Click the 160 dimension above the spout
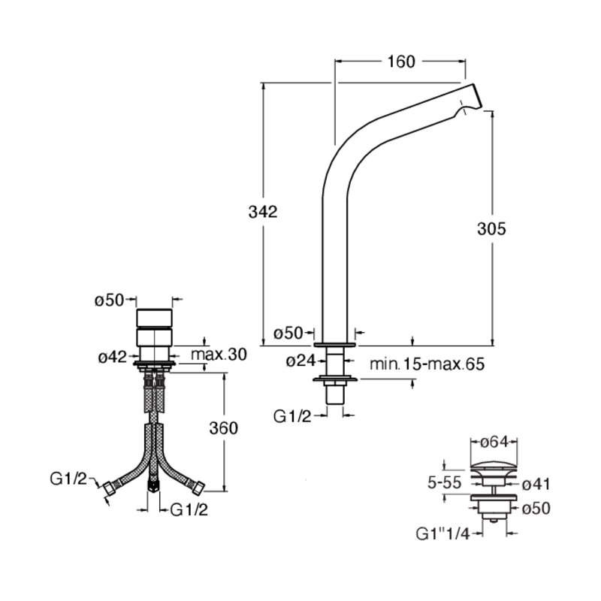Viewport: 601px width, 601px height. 401,62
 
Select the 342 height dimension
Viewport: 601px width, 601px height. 262,212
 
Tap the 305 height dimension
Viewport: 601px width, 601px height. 491,229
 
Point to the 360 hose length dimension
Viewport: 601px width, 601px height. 223,428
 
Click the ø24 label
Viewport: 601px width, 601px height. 300,361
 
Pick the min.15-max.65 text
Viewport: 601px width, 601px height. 427,364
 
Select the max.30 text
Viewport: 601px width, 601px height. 219,355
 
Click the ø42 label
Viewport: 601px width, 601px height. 112,358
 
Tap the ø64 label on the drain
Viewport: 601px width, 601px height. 494,442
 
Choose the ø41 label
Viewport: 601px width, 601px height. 536,484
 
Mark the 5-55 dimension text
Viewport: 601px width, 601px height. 445,482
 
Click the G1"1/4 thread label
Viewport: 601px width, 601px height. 442,534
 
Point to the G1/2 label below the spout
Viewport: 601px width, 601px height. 292,416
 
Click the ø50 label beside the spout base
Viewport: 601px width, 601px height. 288,334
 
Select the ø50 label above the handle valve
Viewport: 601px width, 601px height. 110,300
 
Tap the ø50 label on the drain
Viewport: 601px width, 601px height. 536,509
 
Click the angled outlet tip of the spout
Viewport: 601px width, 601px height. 476,97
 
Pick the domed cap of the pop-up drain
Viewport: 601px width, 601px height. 494,468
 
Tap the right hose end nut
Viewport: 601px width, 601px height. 199,488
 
